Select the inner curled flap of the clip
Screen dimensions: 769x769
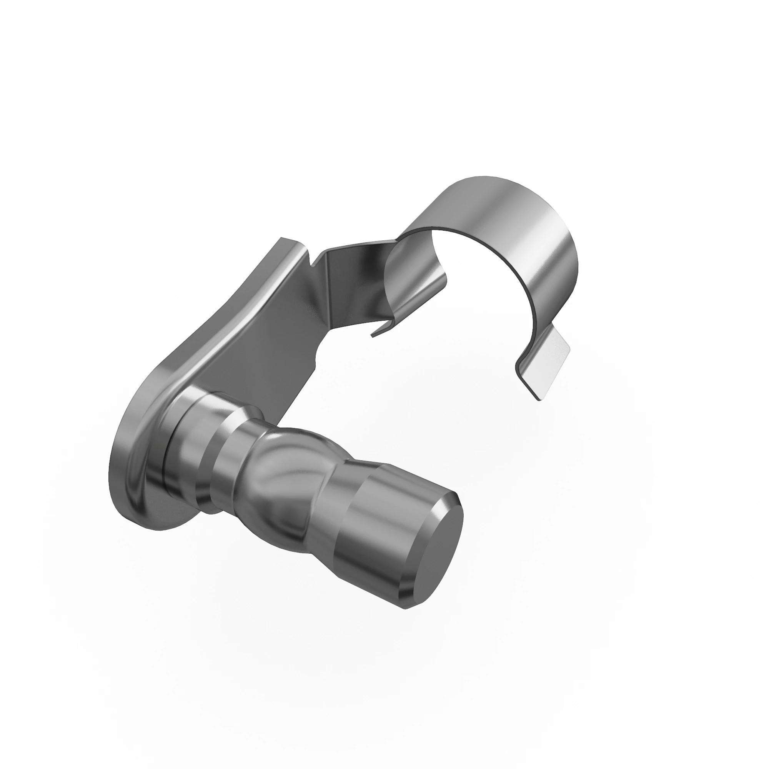click(x=414, y=279)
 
